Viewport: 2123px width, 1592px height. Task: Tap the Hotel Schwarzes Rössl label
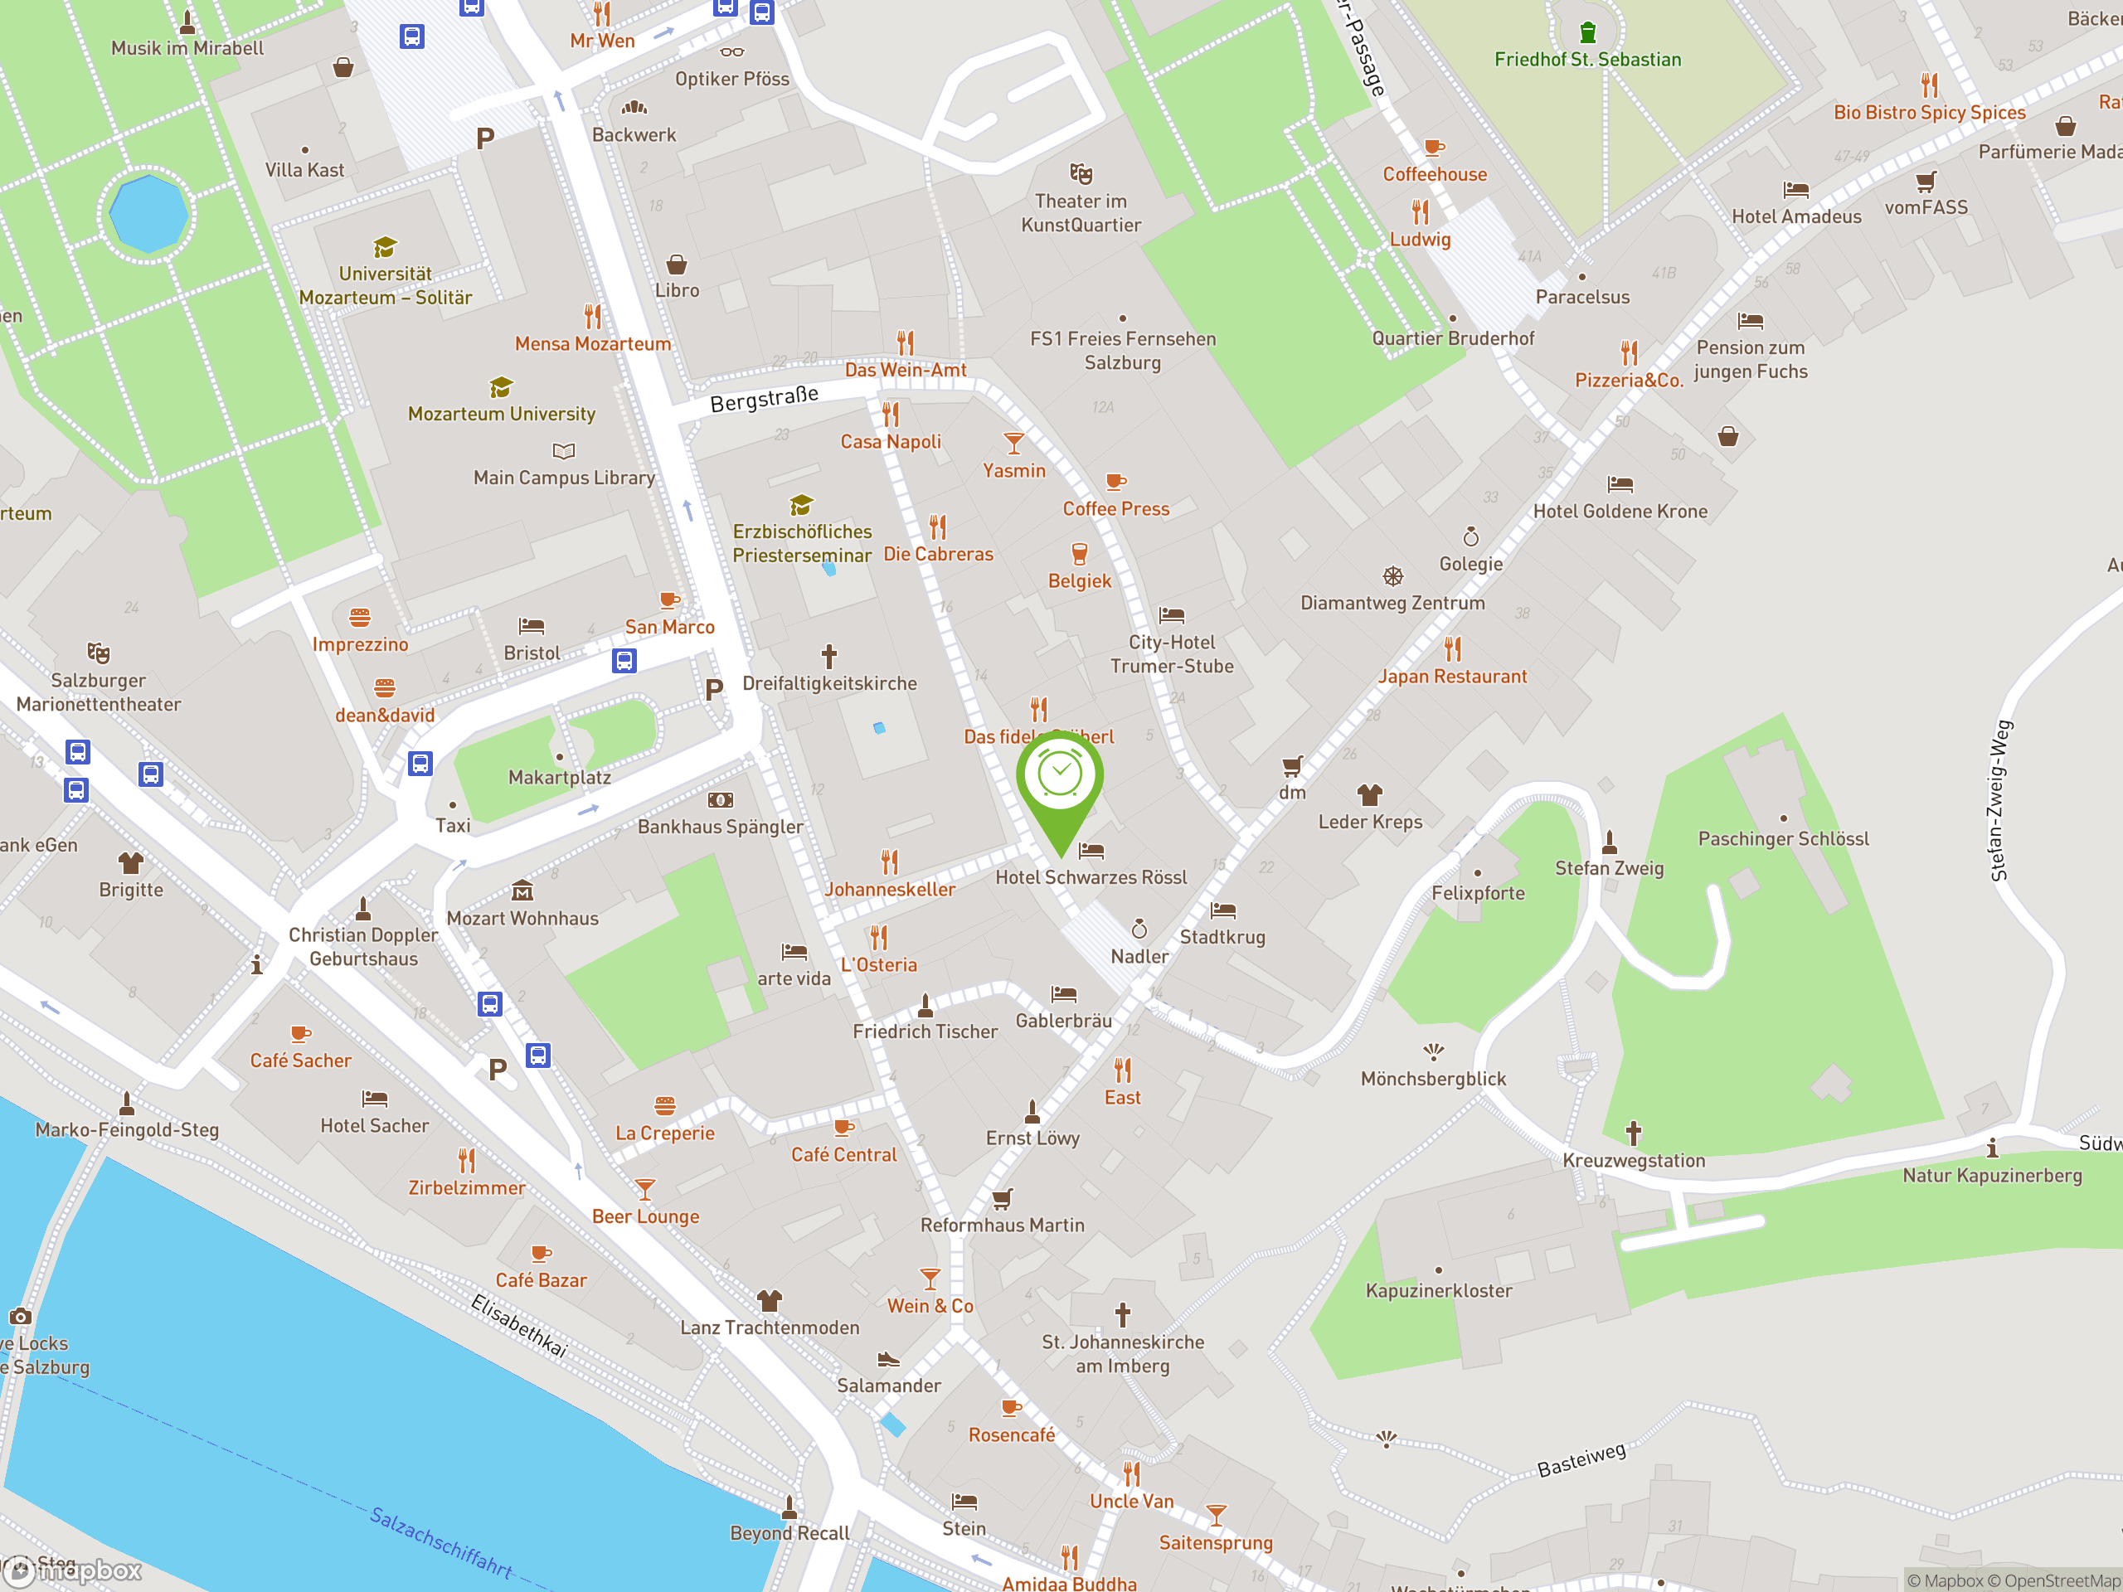coord(1091,877)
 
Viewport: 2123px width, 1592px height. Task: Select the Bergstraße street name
coord(764,398)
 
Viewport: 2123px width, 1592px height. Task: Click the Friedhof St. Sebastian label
coord(1587,60)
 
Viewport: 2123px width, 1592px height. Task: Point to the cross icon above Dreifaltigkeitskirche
coord(829,657)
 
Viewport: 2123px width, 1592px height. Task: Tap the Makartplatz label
coord(560,777)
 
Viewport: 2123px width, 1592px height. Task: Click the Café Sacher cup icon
coord(300,1033)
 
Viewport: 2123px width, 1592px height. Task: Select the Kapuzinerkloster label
coord(1439,1291)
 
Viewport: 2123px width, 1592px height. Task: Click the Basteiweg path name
coord(1581,1459)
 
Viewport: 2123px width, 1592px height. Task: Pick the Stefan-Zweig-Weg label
coord(2000,800)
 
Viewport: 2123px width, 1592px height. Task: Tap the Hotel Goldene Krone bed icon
coord(1620,483)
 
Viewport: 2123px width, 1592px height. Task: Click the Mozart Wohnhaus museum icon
coord(522,891)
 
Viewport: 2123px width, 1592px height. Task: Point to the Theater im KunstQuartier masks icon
coord(1081,173)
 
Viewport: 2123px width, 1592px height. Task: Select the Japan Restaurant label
coord(1452,677)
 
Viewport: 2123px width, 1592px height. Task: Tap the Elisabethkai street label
coord(519,1325)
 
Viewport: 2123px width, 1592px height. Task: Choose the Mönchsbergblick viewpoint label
coord(1433,1079)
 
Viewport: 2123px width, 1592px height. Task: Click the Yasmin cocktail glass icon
coord(1013,444)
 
